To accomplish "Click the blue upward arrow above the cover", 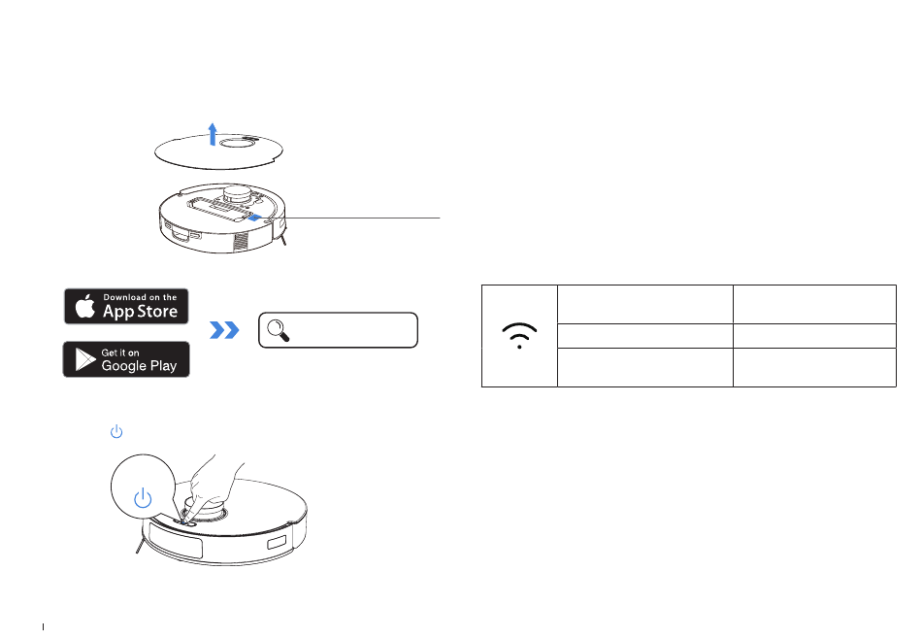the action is [213, 133].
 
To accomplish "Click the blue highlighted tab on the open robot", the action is [254, 218].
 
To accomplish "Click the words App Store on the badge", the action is [140, 312].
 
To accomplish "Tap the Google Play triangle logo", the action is [83, 360].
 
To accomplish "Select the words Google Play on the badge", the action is [138, 366].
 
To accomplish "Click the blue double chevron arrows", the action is [224, 331].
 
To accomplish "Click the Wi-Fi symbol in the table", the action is [520, 336].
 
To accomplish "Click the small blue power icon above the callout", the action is [115, 430].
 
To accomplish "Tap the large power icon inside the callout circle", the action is [143, 499].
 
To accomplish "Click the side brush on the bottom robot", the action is [139, 552].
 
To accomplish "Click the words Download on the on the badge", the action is [140, 297].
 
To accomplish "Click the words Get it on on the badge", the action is [120, 352].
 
